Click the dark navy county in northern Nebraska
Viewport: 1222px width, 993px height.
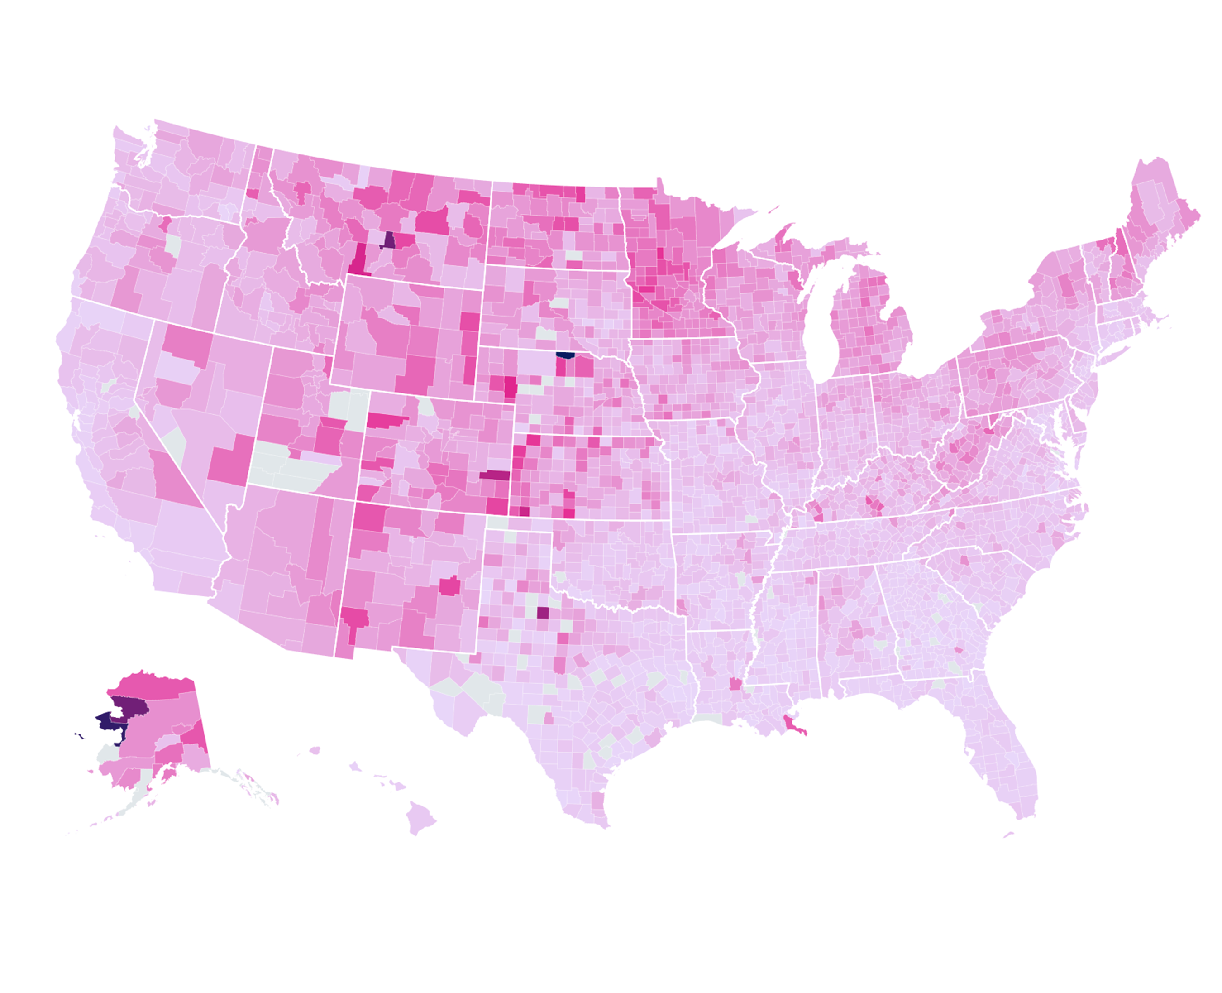[565, 355]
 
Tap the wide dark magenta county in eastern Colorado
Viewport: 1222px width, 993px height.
[494, 474]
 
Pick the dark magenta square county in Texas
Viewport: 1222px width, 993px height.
[542, 613]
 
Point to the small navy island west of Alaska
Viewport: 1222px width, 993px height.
[78, 735]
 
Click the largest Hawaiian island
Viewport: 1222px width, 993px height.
[420, 816]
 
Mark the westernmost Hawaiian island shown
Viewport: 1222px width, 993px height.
[315, 750]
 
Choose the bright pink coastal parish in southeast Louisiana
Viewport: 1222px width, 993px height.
[794, 725]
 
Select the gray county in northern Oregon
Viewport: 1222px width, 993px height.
[173, 245]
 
